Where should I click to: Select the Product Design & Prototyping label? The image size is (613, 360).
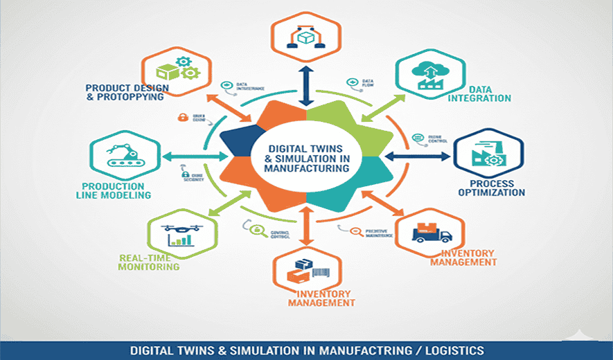[125, 92]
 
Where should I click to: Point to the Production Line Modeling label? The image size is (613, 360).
[116, 190]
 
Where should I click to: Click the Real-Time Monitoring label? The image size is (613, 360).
[149, 262]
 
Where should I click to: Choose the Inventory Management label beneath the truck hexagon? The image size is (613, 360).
[463, 258]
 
